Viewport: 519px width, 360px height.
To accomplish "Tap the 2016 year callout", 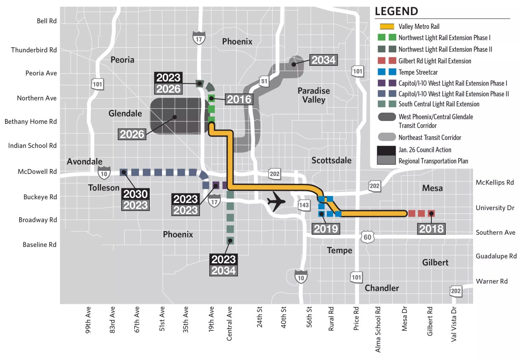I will [x=239, y=99].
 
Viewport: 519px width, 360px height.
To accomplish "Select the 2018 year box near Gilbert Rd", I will [x=431, y=228].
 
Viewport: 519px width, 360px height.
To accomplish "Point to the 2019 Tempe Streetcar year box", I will [x=326, y=229].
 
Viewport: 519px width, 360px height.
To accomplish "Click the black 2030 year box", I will [x=135, y=194].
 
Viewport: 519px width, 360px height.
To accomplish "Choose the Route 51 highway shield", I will [x=264, y=81].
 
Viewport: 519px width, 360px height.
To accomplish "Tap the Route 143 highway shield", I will [x=304, y=205].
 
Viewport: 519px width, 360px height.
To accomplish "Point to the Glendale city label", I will [x=125, y=113].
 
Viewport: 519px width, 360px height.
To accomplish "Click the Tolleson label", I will [x=104, y=188].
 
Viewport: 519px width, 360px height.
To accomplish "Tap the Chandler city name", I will [x=382, y=288].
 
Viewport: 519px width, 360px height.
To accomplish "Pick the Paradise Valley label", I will [x=313, y=95].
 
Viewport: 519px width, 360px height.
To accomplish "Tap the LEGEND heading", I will [x=396, y=11].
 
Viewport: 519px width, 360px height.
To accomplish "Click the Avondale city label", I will [x=85, y=162].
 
